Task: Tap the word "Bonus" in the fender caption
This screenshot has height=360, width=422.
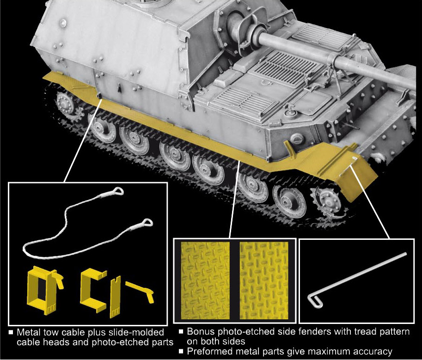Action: pyautogui.click(x=201, y=331)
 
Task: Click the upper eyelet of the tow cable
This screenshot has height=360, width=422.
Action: pyautogui.click(x=117, y=191)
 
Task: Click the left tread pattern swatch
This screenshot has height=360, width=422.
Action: pyautogui.click(x=205, y=281)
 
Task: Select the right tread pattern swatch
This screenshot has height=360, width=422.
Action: pyautogui.click(x=264, y=281)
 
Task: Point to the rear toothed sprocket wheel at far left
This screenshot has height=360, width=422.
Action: pyautogui.click(x=65, y=105)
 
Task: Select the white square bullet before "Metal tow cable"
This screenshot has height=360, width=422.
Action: pyautogui.click(x=11, y=332)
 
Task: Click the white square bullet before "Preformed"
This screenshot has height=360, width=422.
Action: pyautogui.click(x=181, y=351)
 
